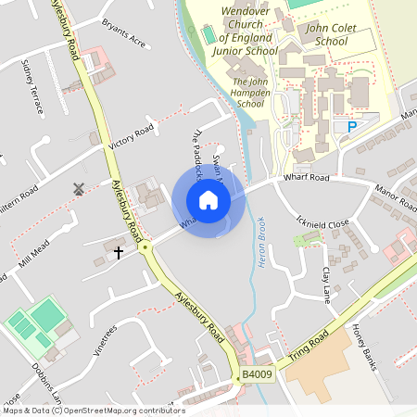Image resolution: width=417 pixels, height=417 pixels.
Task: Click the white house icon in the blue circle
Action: point(208,200)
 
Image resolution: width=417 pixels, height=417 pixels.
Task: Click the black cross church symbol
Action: point(118,251)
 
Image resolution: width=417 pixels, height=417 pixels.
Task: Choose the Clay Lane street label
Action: point(325,285)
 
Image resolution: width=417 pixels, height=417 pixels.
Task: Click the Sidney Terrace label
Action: point(32,86)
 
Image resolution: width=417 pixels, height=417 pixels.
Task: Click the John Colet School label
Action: point(332,35)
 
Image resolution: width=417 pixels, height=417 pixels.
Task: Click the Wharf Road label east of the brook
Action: point(307,176)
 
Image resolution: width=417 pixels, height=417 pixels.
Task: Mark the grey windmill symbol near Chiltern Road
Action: point(79,188)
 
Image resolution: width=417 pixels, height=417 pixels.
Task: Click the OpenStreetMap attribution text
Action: point(94,411)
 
